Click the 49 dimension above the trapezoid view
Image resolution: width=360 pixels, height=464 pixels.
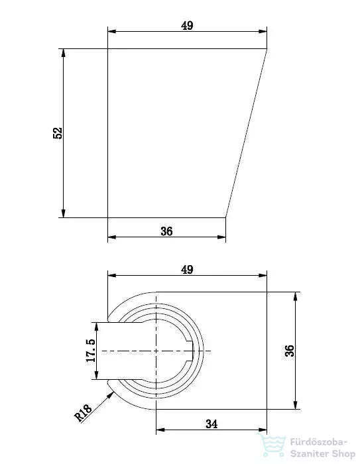(x=187, y=26)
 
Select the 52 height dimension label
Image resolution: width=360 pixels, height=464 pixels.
(x=58, y=133)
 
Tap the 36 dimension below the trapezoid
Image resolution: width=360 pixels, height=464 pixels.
(x=166, y=231)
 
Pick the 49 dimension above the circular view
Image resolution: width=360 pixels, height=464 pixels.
(x=187, y=270)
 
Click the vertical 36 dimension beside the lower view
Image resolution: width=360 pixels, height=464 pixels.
(x=290, y=351)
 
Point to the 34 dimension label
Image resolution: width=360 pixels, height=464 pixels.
(x=211, y=424)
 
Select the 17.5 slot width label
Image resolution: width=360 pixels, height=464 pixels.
(x=91, y=351)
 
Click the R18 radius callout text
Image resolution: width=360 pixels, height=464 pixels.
(x=83, y=413)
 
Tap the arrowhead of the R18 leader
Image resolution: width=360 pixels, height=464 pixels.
(x=111, y=394)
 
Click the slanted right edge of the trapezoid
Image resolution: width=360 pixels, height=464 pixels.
(x=247, y=133)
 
